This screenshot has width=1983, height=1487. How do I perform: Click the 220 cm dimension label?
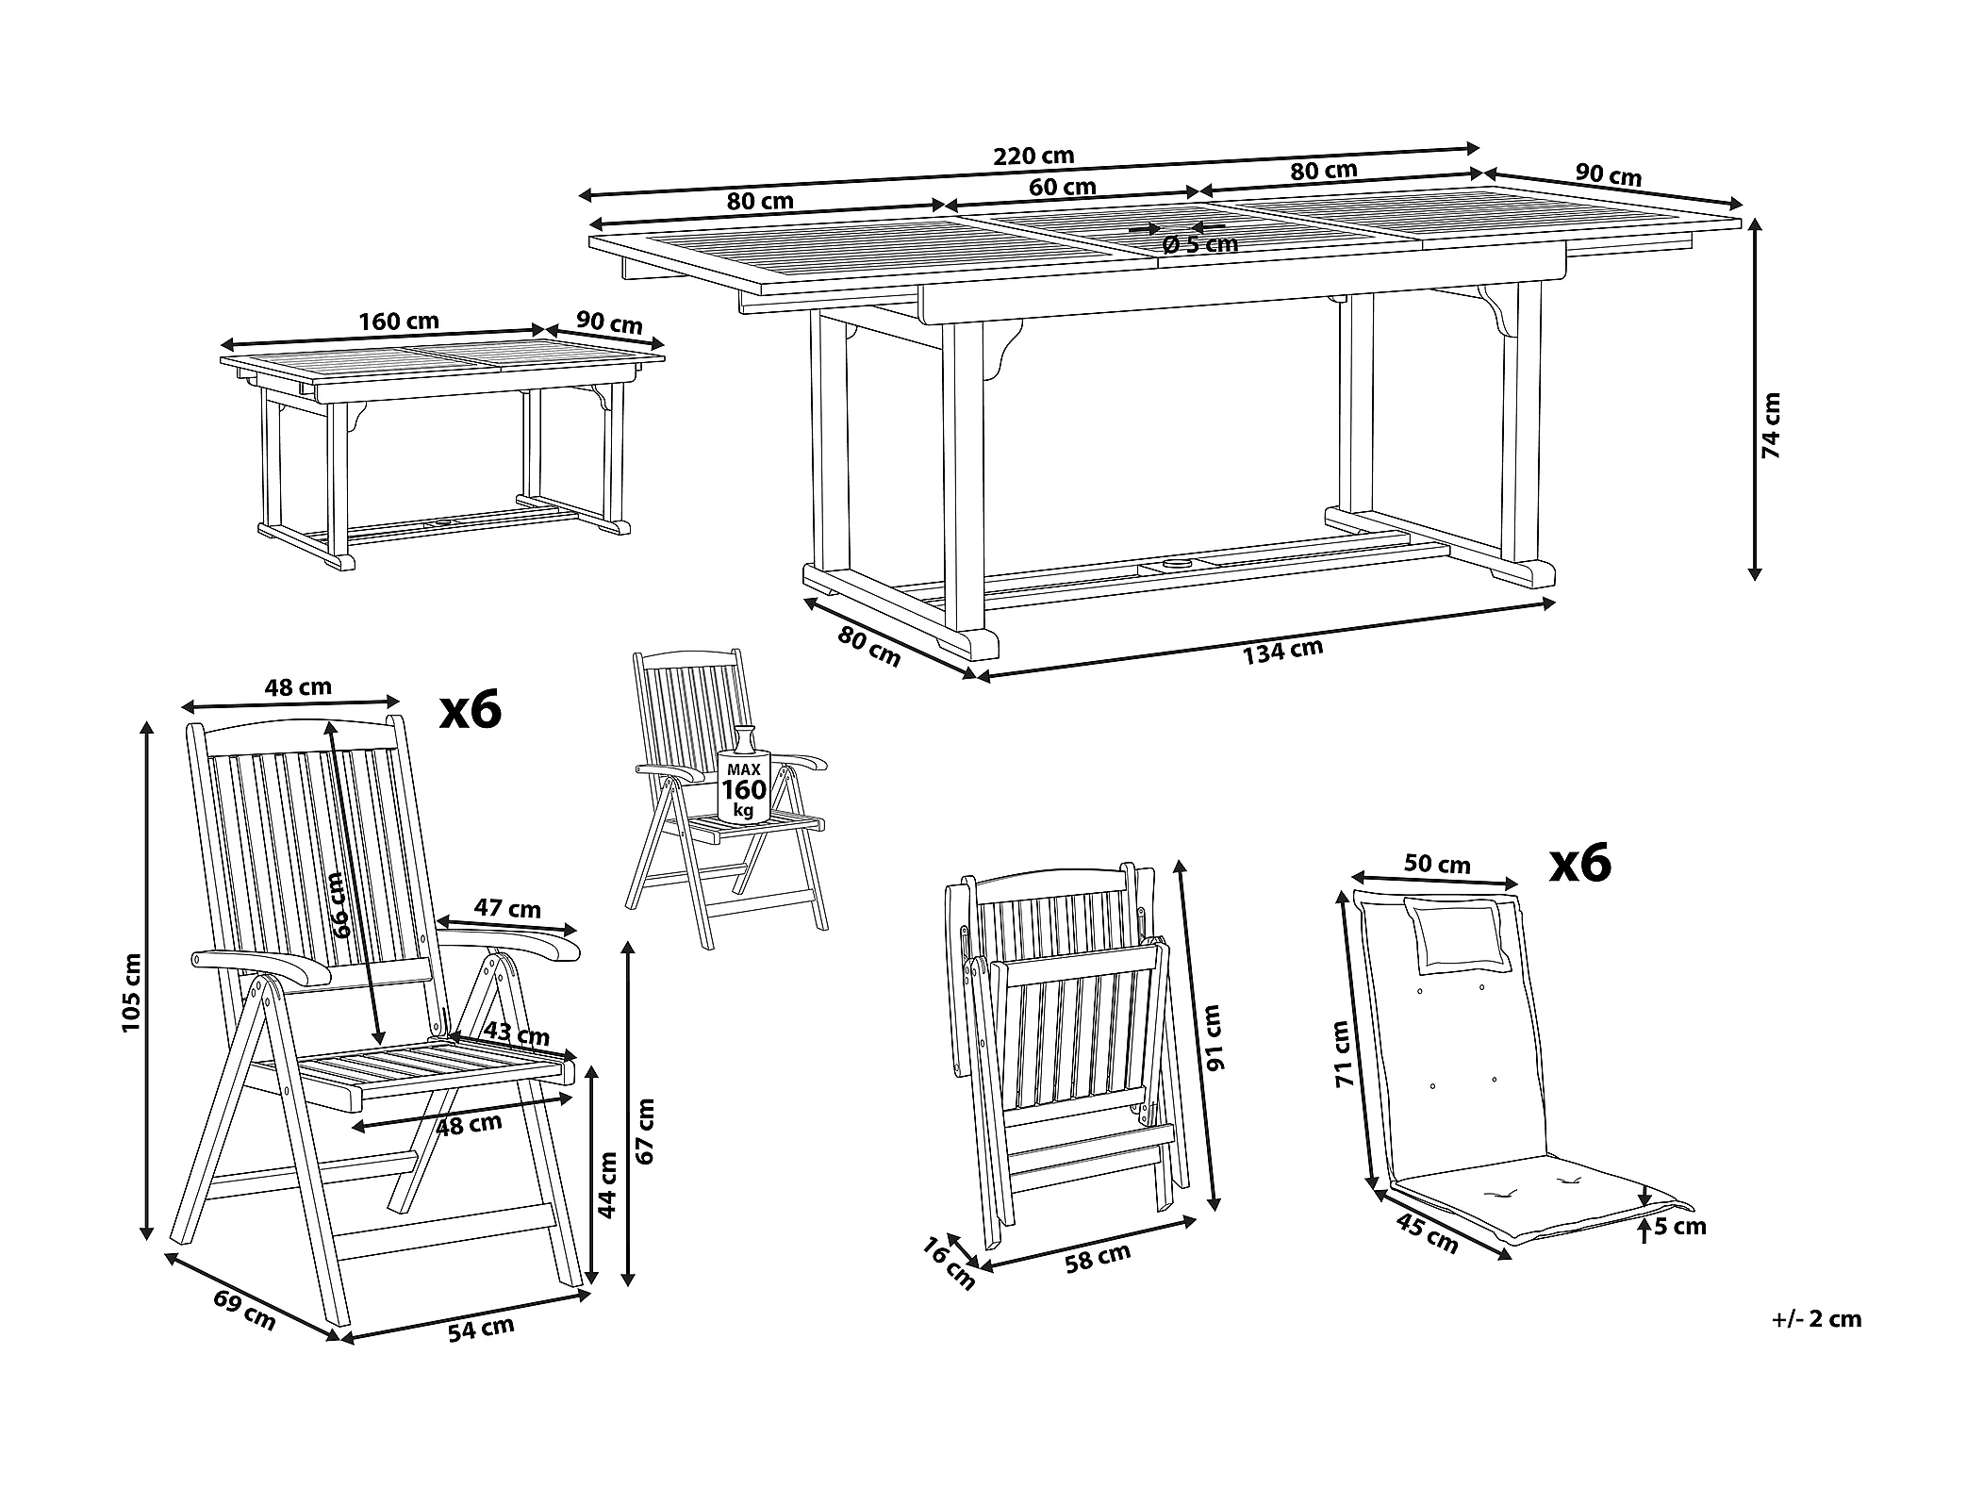coord(1033,155)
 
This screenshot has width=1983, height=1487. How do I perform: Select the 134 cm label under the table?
coord(1282,652)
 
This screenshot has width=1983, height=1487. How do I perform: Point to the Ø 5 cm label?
coord(1200,244)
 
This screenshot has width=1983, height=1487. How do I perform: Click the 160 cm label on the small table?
coord(399,321)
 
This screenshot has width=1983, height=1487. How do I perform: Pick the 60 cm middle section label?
coord(1063,187)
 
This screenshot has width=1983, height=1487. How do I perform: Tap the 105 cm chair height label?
coord(131,991)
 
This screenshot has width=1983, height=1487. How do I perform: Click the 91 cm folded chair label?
coord(1214,1037)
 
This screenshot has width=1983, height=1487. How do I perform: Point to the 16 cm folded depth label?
coord(949,1264)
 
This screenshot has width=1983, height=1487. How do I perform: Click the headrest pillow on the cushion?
coord(1459,934)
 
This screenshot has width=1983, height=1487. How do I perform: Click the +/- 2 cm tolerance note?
coord(1816,1319)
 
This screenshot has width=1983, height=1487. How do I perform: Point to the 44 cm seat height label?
coord(609,1185)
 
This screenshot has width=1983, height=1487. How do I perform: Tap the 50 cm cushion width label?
coord(1437,863)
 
